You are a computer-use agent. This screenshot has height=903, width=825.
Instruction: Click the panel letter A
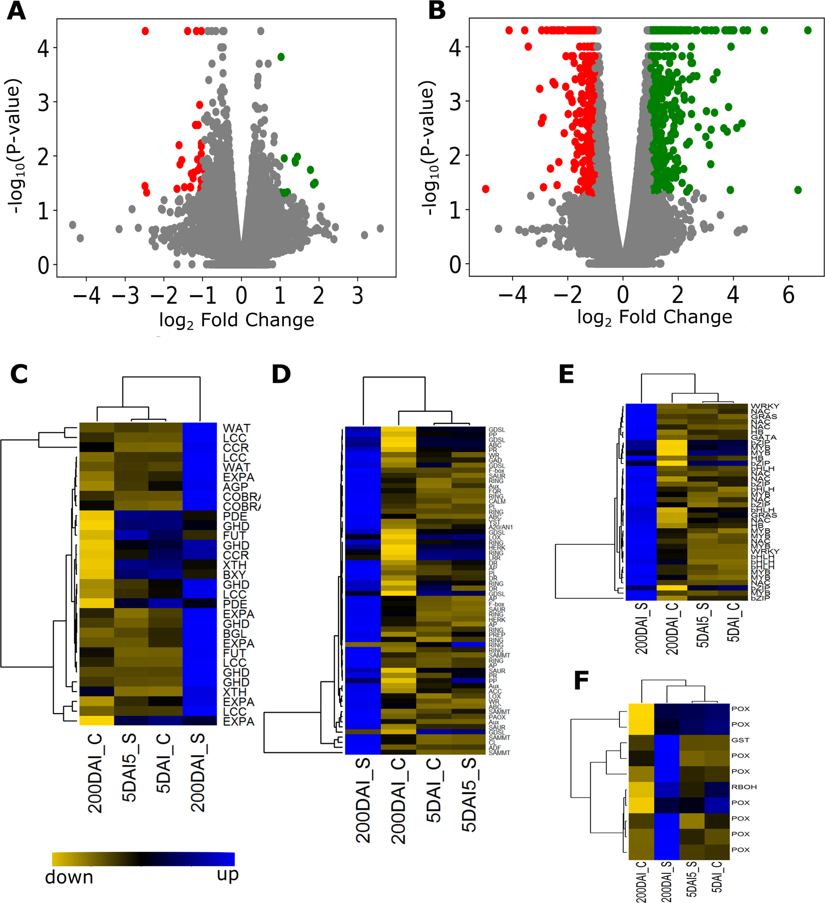click(16, 11)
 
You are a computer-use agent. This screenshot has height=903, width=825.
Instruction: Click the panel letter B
click(437, 11)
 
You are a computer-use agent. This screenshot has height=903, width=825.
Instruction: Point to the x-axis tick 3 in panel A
click(357, 296)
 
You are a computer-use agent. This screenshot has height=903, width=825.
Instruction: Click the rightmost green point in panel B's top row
click(808, 31)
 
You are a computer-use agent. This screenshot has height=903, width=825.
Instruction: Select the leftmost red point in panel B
click(485, 189)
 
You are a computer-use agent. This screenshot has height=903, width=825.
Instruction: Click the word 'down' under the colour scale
click(69, 877)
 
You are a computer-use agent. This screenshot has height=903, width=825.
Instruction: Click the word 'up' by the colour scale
click(227, 874)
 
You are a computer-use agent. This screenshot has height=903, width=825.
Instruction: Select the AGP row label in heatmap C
click(236, 487)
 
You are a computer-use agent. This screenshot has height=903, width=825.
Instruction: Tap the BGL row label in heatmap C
click(235, 633)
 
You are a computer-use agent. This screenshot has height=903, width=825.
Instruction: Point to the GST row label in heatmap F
click(740, 740)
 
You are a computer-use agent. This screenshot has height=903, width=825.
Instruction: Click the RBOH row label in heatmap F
click(744, 787)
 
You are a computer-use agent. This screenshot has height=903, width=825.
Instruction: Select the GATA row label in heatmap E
click(763, 437)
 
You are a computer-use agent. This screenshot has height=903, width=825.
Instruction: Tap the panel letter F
click(581, 681)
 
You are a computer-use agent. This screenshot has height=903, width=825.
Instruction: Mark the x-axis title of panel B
click(654, 317)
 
